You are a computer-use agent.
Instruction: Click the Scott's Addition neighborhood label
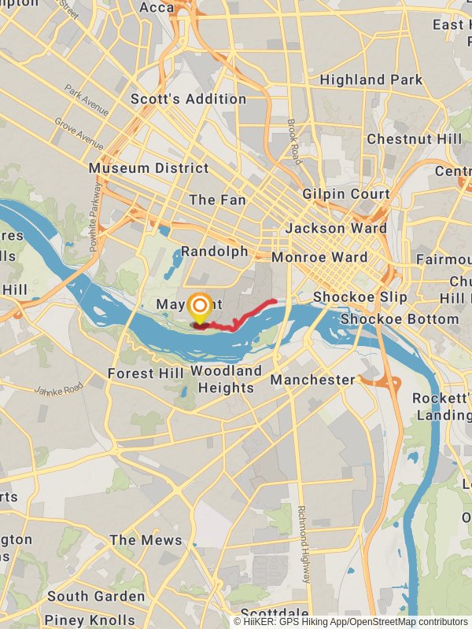(188, 99)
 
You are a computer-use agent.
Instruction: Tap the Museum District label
(149, 167)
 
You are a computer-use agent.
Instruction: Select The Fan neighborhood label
(217, 200)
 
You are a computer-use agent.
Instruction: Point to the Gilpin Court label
(346, 193)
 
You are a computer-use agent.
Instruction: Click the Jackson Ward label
(336, 228)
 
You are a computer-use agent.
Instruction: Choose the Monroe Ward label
(319, 257)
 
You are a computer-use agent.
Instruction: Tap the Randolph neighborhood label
(215, 252)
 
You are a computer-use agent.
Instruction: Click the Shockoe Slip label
(360, 296)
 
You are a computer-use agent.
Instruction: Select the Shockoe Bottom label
(399, 319)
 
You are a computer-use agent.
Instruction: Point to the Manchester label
(313, 380)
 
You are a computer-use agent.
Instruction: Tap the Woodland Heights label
(226, 379)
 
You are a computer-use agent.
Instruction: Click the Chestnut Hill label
(415, 138)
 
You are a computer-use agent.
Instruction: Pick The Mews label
(146, 540)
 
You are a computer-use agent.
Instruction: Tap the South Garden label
(96, 596)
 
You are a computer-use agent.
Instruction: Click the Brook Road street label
(293, 142)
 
